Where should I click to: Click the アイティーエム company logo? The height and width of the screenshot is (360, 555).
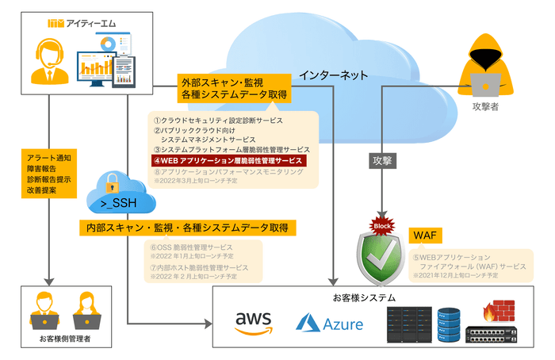point(82,24)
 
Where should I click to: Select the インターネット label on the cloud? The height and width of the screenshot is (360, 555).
point(333,75)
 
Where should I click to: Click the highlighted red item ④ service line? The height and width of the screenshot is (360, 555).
point(228,159)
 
